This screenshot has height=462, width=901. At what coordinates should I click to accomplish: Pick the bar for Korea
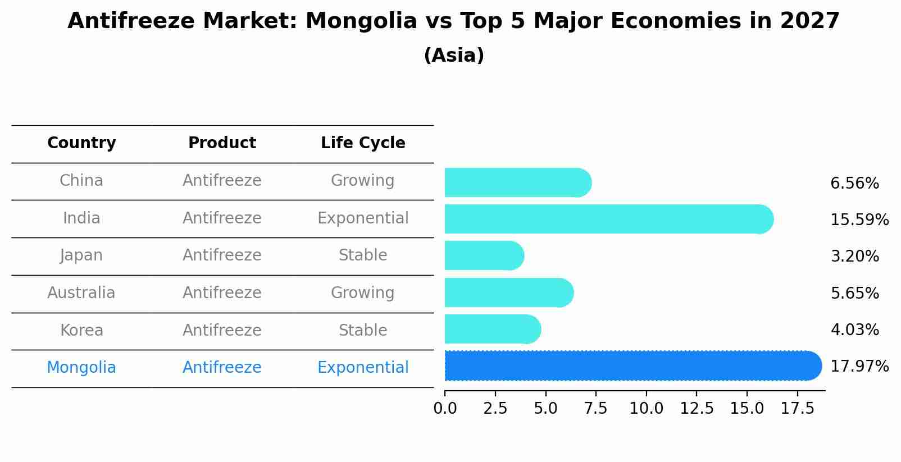click(x=492, y=330)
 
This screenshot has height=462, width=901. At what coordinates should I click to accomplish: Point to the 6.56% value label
click(x=854, y=184)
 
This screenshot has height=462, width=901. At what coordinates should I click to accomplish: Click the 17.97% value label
click(x=859, y=367)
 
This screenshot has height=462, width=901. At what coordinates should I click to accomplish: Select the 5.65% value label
click(x=854, y=293)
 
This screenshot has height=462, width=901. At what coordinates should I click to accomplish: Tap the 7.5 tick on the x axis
click(x=595, y=409)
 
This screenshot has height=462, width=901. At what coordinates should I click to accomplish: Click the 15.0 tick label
click(x=747, y=409)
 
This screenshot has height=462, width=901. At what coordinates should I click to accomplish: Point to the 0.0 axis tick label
click(x=445, y=409)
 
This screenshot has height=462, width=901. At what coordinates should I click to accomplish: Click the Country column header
click(x=81, y=143)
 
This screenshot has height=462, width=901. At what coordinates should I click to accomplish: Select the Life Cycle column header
click(x=363, y=143)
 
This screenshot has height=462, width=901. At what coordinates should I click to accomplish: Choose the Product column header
click(x=222, y=143)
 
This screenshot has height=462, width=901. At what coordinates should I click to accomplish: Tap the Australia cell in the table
click(x=81, y=293)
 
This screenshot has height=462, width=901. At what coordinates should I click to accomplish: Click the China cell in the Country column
click(x=81, y=181)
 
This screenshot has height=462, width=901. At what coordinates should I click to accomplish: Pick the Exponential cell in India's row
click(x=363, y=218)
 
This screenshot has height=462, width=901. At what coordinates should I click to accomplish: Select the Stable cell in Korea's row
click(x=363, y=331)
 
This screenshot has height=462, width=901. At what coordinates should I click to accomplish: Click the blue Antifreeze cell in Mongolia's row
click(x=222, y=368)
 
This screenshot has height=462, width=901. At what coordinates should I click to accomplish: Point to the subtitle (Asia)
click(x=454, y=56)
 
